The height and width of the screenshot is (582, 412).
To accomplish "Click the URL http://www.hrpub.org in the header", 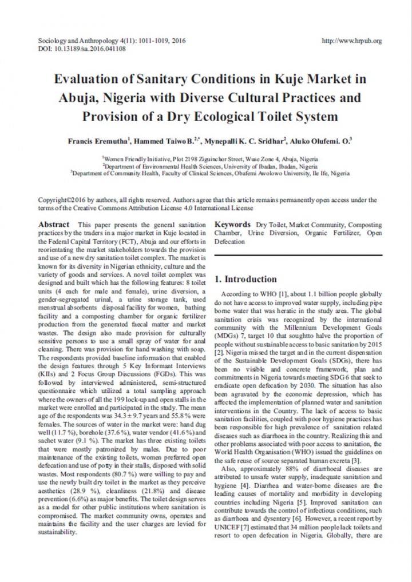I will coord(352,41).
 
